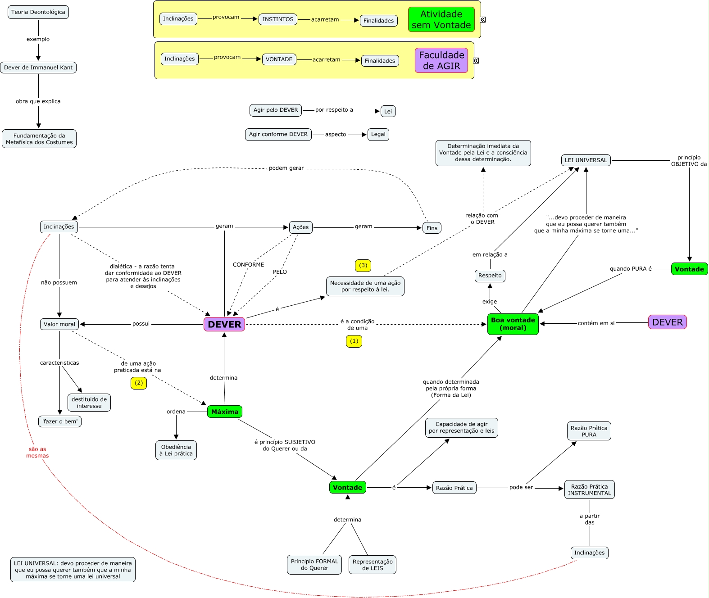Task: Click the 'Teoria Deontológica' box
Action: pos(38,12)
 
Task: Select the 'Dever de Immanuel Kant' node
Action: pos(38,68)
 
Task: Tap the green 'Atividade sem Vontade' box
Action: pos(441,19)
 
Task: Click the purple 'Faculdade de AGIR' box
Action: pos(441,60)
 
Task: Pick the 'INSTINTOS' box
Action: pos(278,19)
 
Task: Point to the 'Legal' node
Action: pos(378,134)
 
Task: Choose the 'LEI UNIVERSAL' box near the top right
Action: pos(586,160)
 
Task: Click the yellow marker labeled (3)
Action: pos(363,265)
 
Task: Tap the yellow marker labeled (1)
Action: pos(354,341)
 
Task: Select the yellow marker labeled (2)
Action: pos(139,383)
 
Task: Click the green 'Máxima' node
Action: pos(225,412)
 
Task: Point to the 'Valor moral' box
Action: pos(59,324)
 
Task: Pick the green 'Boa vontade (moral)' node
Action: pos(513,324)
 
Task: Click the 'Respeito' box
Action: pos(490,276)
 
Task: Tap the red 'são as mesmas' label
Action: pos(37,452)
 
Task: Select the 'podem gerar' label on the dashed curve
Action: pos(286,168)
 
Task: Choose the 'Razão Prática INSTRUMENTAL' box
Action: pos(589,489)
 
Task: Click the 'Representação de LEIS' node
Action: pos(373,565)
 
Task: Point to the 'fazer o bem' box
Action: pos(60,421)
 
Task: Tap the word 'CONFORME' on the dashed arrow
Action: pos(248,265)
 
